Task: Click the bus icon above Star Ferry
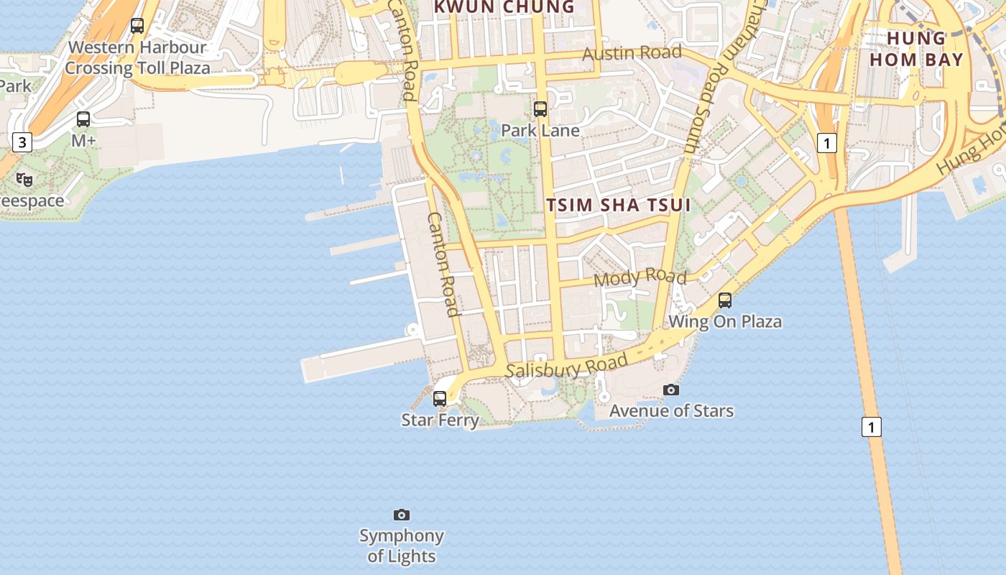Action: tap(440, 398)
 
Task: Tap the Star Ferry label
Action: tap(440, 420)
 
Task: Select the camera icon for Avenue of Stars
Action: tap(671, 390)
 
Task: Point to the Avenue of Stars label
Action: tap(671, 411)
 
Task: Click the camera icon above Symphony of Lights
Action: tap(402, 515)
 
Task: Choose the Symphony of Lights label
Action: tap(402, 546)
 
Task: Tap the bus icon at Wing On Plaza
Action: tap(725, 300)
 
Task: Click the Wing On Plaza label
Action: tap(725, 321)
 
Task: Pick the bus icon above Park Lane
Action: tap(540, 109)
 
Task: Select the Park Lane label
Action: tap(540, 130)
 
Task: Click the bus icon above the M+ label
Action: tap(83, 119)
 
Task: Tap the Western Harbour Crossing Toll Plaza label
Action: tap(137, 58)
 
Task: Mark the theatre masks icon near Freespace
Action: tap(24, 180)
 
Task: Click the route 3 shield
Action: tap(22, 142)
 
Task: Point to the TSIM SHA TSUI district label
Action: tap(618, 205)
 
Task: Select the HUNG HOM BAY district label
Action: tap(916, 49)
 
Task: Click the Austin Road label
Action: tap(632, 53)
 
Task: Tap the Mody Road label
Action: tap(640, 277)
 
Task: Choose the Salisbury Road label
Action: tap(567, 367)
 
